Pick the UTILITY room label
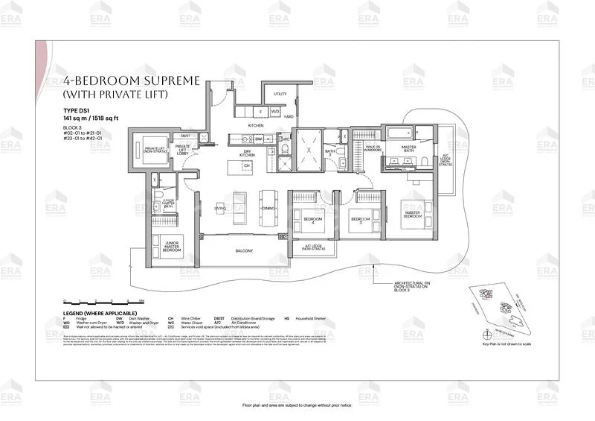280,95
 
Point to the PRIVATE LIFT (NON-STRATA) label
154,150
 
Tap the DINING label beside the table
268,209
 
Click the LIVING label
220,209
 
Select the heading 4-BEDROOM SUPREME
131,80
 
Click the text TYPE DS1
76,110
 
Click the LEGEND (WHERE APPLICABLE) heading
98,313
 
